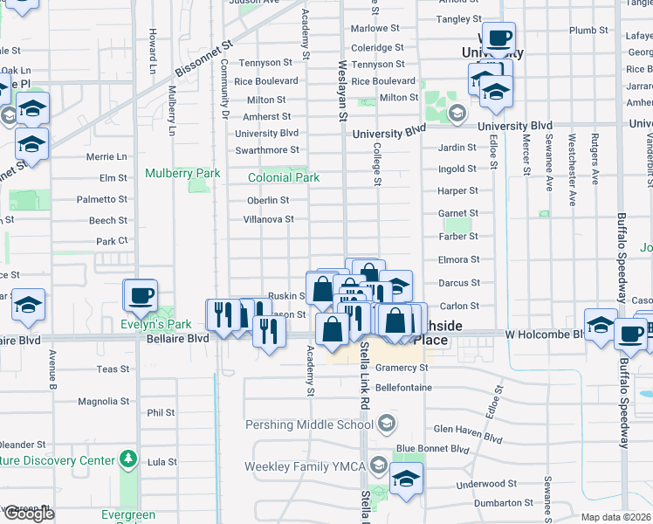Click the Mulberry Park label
pos(182,173)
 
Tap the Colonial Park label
pos(284,177)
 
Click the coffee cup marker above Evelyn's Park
pos(141,295)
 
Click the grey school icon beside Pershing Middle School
pos(385,424)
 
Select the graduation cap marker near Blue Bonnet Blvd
pos(406,479)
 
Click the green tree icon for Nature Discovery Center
pos(128,459)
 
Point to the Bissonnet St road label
pos(204,57)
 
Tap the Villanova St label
pos(268,219)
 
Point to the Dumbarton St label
pos(503,503)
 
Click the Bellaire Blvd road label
pos(177,338)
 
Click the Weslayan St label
pos(343,92)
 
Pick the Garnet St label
pos(457,213)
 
